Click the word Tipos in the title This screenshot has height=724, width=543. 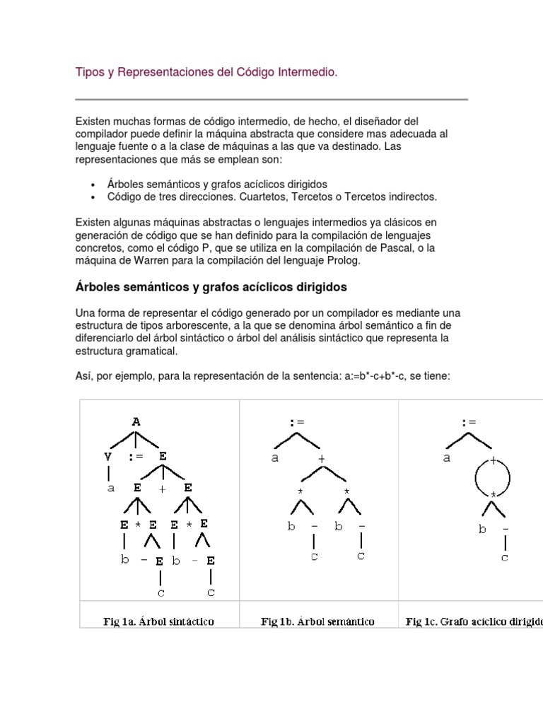click(x=89, y=73)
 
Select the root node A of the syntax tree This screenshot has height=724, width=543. click(x=136, y=422)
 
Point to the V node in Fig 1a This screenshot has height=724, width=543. click(x=108, y=457)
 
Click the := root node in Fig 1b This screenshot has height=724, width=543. click(x=296, y=423)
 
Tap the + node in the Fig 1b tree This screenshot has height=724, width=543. click(x=321, y=459)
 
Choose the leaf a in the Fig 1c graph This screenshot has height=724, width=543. click(x=447, y=458)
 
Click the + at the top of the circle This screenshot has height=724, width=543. click(x=494, y=459)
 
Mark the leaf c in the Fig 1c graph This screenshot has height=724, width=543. click(x=505, y=558)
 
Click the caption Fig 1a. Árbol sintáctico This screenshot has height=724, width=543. click(x=159, y=622)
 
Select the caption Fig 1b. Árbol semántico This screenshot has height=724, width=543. click(x=317, y=622)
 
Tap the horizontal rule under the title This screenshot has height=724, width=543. click(x=271, y=99)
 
